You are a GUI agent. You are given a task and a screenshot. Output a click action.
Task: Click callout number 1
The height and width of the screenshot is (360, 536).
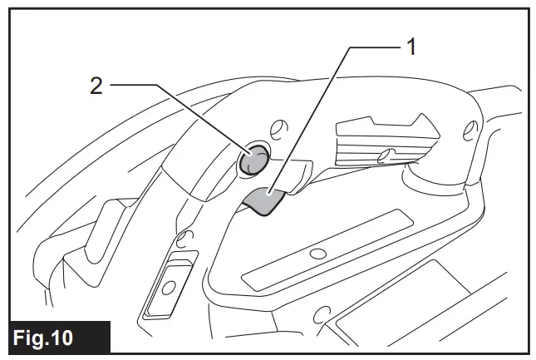pos(410,47)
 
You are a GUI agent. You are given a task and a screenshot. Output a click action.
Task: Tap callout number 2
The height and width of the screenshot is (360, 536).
pos(96,86)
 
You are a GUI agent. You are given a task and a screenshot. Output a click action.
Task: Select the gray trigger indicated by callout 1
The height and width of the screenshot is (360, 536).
pos(264,200)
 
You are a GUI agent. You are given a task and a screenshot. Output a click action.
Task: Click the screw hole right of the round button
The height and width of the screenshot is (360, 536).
pos(279,128)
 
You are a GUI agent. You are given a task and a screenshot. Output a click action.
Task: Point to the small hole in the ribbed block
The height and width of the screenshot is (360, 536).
pos(384,155)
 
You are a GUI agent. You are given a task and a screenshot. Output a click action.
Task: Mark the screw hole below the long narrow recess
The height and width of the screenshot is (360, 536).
pos(320,314)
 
